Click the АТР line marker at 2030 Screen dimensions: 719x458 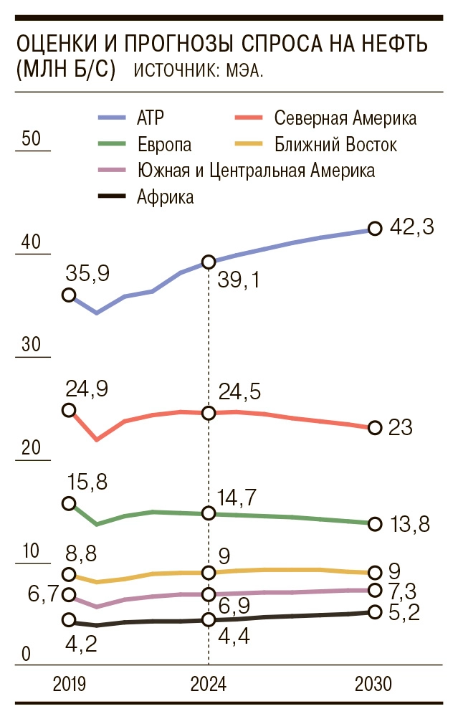(373, 229)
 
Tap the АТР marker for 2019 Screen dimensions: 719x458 (69, 295)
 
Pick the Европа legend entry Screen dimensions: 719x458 (164, 145)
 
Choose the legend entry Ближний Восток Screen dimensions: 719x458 (335, 145)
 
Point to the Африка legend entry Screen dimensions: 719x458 (165, 197)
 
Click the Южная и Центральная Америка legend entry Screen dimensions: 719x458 (255, 171)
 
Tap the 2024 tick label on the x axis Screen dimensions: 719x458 (209, 685)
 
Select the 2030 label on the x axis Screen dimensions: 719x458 (373, 685)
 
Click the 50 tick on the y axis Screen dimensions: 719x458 (31, 139)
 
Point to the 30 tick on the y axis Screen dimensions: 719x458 (31, 345)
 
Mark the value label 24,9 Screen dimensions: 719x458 (86, 389)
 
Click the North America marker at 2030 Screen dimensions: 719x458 (373, 428)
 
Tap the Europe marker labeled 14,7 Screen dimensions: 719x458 (209, 513)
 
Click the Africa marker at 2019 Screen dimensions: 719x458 (69, 620)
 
